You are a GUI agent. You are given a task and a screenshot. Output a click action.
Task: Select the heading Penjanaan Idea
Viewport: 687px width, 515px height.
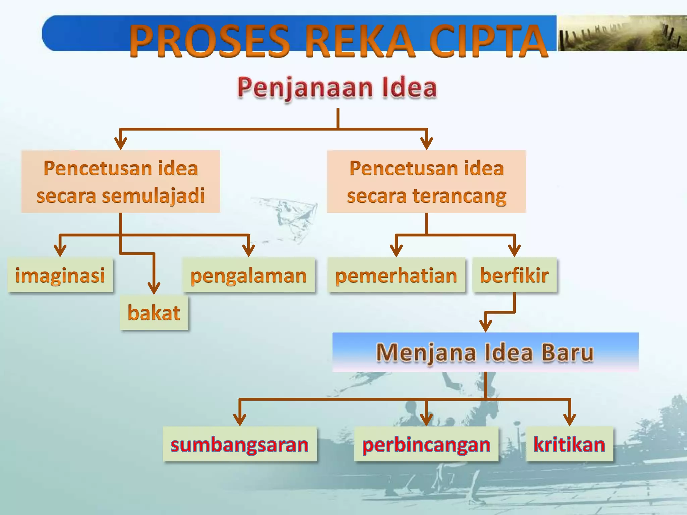coord(337,88)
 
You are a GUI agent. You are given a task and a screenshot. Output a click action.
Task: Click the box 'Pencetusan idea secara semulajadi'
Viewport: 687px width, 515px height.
coord(121,181)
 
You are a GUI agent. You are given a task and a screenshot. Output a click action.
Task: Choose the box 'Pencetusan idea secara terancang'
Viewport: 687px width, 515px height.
coord(426,181)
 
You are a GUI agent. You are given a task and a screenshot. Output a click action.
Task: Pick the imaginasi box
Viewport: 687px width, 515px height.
coord(60,275)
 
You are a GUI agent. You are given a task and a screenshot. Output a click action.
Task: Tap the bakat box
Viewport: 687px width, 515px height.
coord(154,313)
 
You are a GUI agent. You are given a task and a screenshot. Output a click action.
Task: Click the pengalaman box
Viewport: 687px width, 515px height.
coord(249,275)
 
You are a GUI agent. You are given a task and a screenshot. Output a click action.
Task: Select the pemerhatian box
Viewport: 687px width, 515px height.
coord(397,275)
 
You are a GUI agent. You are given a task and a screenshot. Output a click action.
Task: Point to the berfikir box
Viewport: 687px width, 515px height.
coord(514,275)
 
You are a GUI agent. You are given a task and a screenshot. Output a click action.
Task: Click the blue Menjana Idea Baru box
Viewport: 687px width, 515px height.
coord(485,352)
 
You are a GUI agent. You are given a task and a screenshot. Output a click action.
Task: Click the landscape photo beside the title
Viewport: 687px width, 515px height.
coord(622,34)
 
